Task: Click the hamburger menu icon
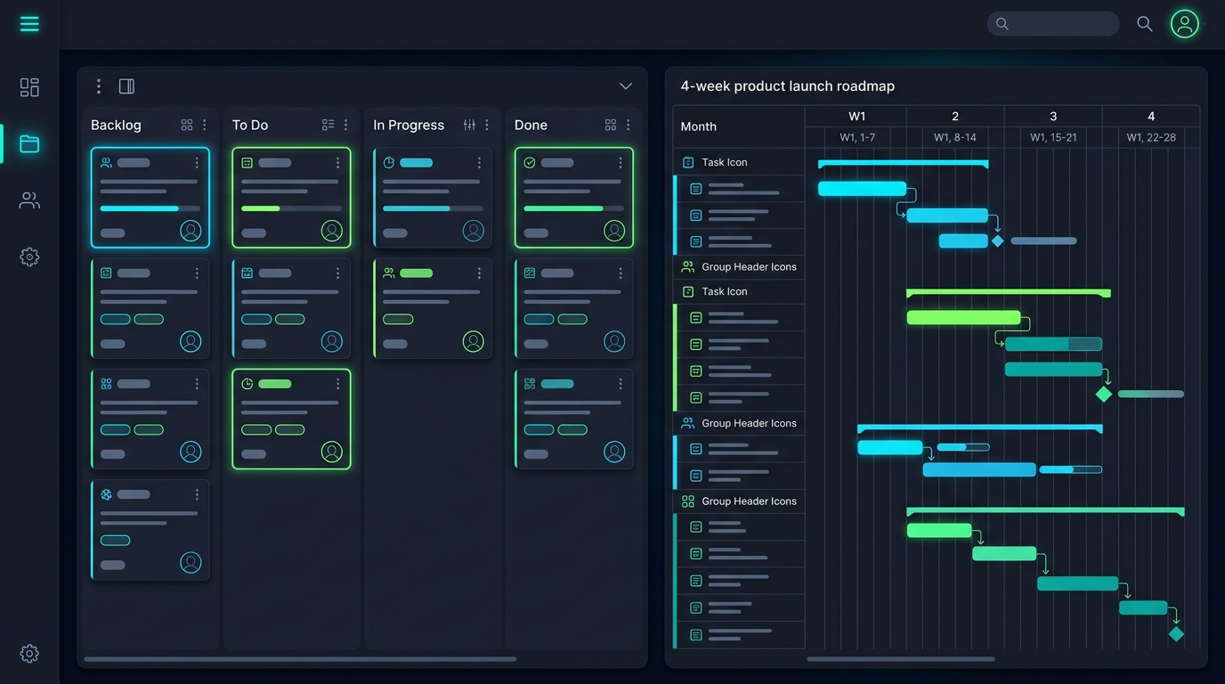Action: click(x=29, y=24)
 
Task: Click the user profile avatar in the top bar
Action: click(x=1185, y=24)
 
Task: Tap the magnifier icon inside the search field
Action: click(x=1002, y=23)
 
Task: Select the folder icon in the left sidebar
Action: click(x=29, y=144)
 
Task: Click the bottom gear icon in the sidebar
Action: click(x=29, y=654)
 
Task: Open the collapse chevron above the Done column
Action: click(x=626, y=86)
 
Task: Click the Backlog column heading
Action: click(x=116, y=126)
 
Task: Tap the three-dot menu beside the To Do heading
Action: click(x=345, y=126)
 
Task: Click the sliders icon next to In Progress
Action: click(x=469, y=126)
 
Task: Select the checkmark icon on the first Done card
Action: click(x=530, y=162)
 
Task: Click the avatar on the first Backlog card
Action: click(x=191, y=231)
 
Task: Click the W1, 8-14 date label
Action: click(x=955, y=137)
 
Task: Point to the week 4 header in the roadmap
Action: click(x=1151, y=116)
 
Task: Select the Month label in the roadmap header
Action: click(x=698, y=126)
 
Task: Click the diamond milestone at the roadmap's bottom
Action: click(x=1176, y=634)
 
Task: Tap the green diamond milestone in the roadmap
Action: click(x=1104, y=394)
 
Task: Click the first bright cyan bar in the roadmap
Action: click(x=862, y=189)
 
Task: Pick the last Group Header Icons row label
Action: click(x=749, y=501)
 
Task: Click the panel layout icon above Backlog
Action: click(x=127, y=86)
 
